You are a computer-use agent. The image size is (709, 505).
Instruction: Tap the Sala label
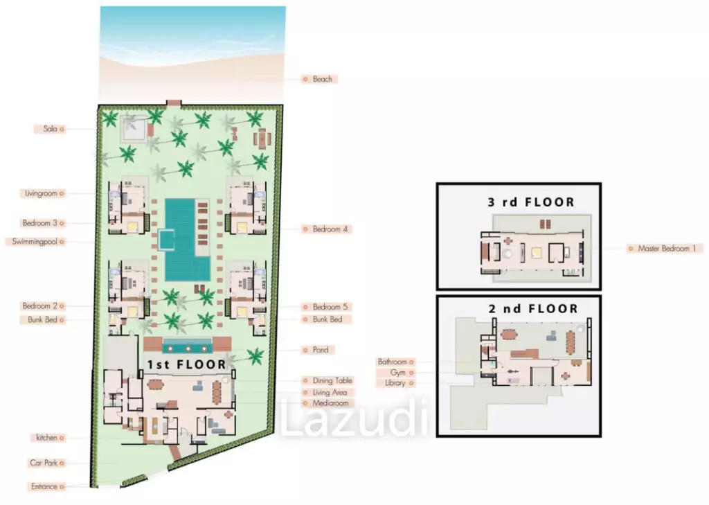(x=50, y=129)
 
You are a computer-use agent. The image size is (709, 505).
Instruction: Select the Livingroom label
(x=41, y=193)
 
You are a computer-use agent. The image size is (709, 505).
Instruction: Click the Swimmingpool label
(x=35, y=242)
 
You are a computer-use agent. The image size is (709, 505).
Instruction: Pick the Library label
(x=395, y=383)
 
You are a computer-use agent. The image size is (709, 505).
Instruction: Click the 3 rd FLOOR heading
(x=531, y=202)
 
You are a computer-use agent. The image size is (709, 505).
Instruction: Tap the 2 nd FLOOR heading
(x=533, y=309)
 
